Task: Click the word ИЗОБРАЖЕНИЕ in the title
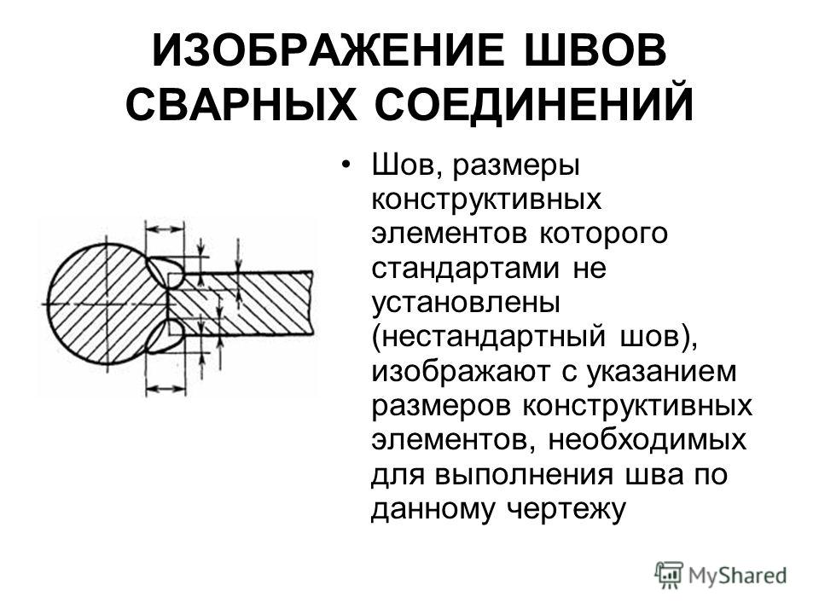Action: [x=328, y=50]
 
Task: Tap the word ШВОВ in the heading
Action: [x=595, y=50]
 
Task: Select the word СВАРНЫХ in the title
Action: [x=241, y=104]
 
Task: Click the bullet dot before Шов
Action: [x=345, y=165]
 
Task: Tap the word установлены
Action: [x=466, y=302]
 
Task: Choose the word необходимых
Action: [x=648, y=440]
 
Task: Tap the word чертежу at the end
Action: [x=566, y=509]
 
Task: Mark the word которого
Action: [x=603, y=235]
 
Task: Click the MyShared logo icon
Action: [x=669, y=575]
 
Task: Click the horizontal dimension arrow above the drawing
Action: [x=165, y=229]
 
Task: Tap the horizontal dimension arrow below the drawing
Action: [x=166, y=389]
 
